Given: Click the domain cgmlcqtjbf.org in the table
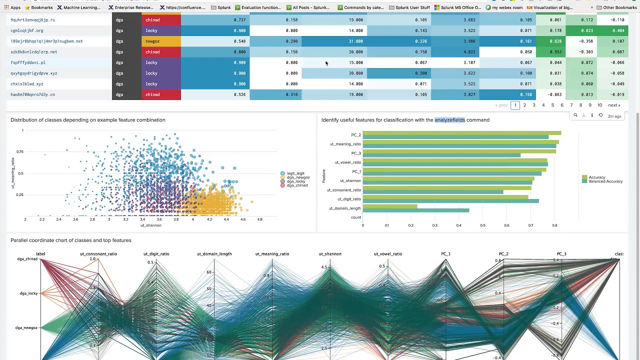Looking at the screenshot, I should click(27, 30).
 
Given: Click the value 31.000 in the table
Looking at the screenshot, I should click(355, 41).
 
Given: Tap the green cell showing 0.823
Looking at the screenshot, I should click(586, 30).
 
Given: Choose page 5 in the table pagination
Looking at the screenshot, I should click(552, 105).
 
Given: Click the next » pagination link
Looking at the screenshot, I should click(613, 105).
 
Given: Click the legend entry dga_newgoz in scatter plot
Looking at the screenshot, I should click(298, 177).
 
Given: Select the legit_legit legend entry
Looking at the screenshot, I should click(295, 173).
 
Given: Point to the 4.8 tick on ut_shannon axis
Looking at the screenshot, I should click(259, 219).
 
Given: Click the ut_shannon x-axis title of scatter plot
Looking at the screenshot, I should click(150, 225).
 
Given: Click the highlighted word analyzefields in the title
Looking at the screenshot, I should click(449, 120).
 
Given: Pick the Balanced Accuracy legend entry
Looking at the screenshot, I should click(605, 181).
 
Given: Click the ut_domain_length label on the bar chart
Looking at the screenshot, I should click(344, 208).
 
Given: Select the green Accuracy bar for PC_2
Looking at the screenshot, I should click(461, 133).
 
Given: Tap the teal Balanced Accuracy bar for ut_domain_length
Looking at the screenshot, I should click(415, 210).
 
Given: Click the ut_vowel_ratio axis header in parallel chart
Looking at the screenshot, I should click(387, 254).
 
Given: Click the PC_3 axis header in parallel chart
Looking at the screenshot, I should click(561, 254).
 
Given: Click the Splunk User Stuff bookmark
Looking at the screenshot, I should click(412, 7).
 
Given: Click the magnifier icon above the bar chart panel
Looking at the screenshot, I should click(575, 115).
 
